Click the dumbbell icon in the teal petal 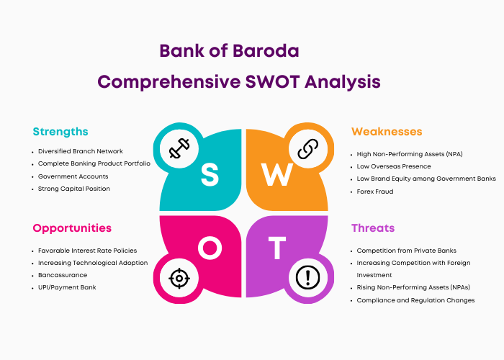(x=179, y=148)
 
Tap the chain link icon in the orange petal (x=308, y=149)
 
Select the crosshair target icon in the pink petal (x=179, y=278)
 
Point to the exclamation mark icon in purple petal (x=308, y=278)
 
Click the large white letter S (x=210, y=174)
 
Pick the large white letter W (x=277, y=174)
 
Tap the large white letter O (x=210, y=248)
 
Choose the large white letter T (x=277, y=248)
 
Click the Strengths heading (x=60, y=132)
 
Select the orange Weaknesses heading (x=387, y=132)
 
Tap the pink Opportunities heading (x=72, y=228)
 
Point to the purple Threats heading (x=373, y=228)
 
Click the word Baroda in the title (x=266, y=51)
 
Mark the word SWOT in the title (x=273, y=81)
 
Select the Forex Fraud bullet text (x=375, y=192)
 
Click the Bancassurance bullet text (x=63, y=275)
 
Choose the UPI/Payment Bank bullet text (x=67, y=287)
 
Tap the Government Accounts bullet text (x=73, y=176)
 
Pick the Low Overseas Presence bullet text (x=394, y=166)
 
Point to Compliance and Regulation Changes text (x=415, y=300)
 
